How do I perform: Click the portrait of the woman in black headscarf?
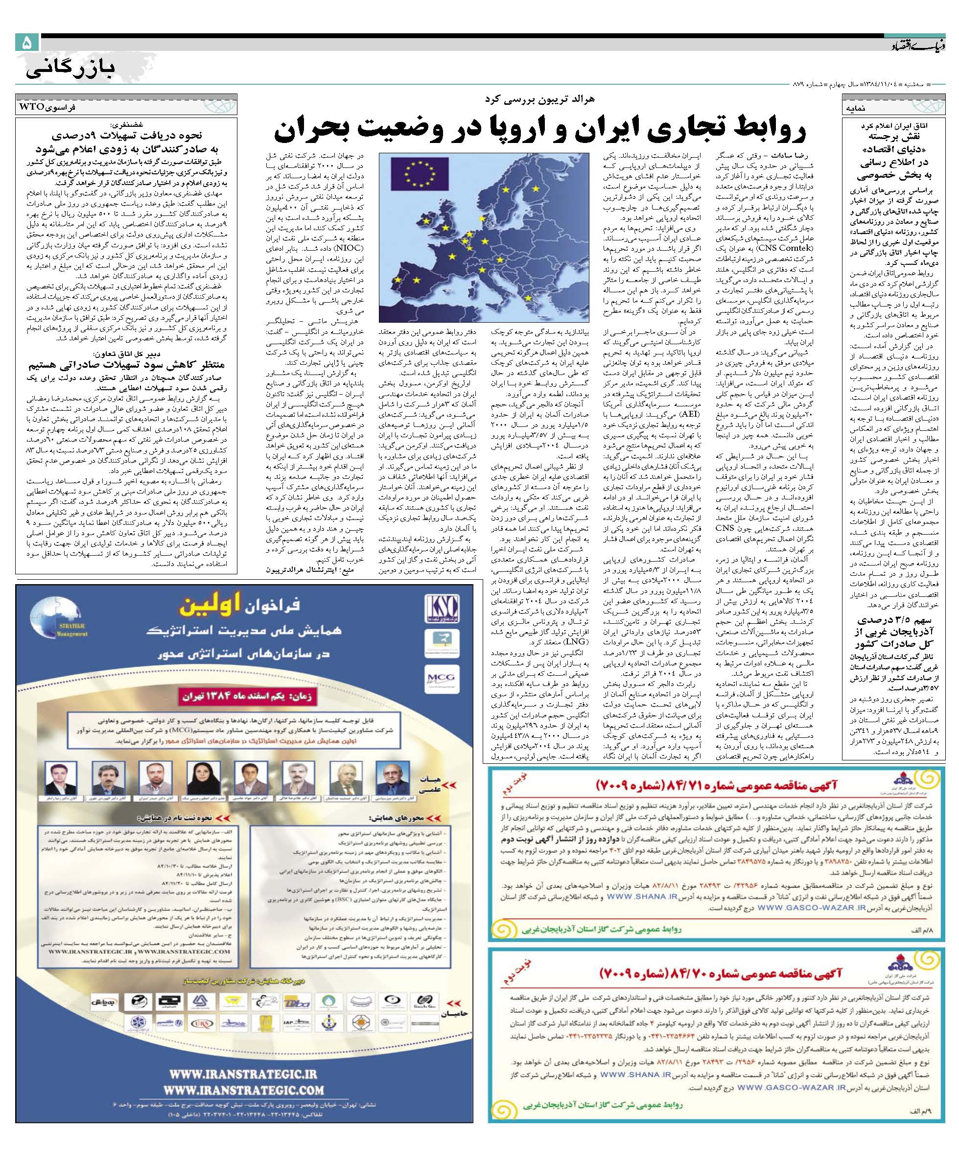tap(197, 776)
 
